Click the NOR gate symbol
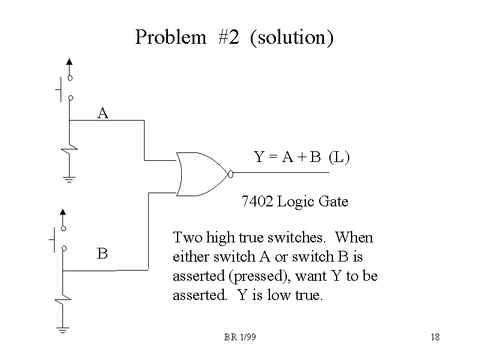(x=202, y=173)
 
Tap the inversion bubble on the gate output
(x=230, y=174)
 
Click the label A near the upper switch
(x=103, y=113)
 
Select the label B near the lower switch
(x=103, y=254)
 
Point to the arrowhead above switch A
(x=70, y=61)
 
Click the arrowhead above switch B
(x=63, y=211)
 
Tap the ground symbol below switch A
(x=69, y=179)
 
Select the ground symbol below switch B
(x=63, y=329)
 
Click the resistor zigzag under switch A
(x=71, y=145)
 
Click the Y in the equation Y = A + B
(x=259, y=157)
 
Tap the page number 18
(x=435, y=337)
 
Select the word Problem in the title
(x=170, y=37)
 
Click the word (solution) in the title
(x=291, y=37)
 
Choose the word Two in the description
(x=186, y=238)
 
